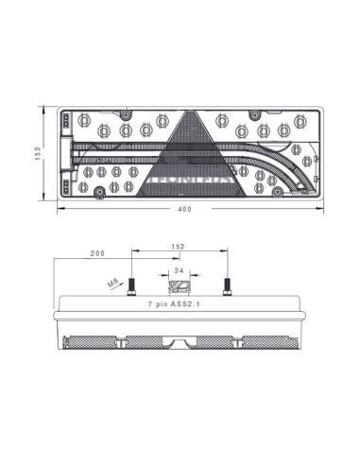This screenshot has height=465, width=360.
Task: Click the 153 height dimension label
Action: [37, 154]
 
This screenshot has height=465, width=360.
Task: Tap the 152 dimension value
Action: [179, 247]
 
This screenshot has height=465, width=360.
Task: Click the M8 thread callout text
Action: [111, 281]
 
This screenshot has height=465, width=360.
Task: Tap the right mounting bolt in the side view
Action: [226, 285]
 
